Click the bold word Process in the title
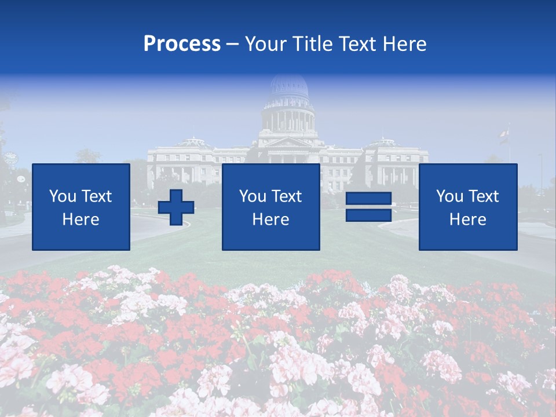(182, 44)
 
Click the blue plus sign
(176, 207)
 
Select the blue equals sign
(368, 207)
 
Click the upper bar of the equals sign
(368, 200)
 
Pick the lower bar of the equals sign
(368, 215)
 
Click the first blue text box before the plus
(81, 207)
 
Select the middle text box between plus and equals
(270, 207)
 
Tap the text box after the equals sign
(468, 207)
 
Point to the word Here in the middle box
(270, 220)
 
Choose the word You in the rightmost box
(449, 196)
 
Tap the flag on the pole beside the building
(504, 136)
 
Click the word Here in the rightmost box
(467, 220)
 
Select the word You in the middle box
(253, 196)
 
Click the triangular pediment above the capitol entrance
(288, 142)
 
